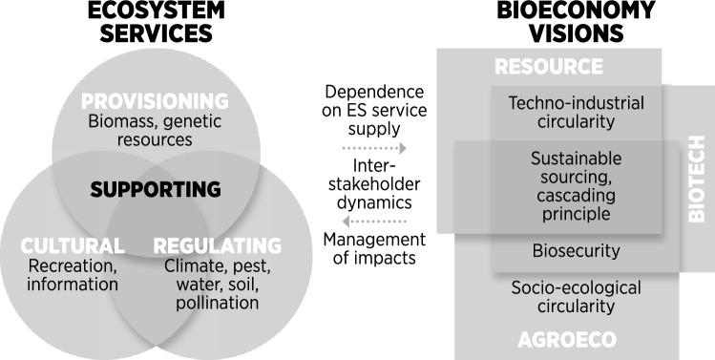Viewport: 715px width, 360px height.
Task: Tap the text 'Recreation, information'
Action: [x=73, y=274]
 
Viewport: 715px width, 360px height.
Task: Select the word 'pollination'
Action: [x=218, y=303]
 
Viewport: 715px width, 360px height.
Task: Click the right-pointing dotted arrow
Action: [x=374, y=149]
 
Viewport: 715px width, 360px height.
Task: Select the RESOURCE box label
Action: [x=549, y=67]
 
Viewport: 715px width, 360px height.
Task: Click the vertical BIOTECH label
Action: [x=697, y=191]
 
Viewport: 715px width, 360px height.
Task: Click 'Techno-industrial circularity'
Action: [x=576, y=113]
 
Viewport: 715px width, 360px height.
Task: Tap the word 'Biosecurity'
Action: [x=576, y=252]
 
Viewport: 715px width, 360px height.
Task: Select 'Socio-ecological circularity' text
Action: [x=576, y=296]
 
